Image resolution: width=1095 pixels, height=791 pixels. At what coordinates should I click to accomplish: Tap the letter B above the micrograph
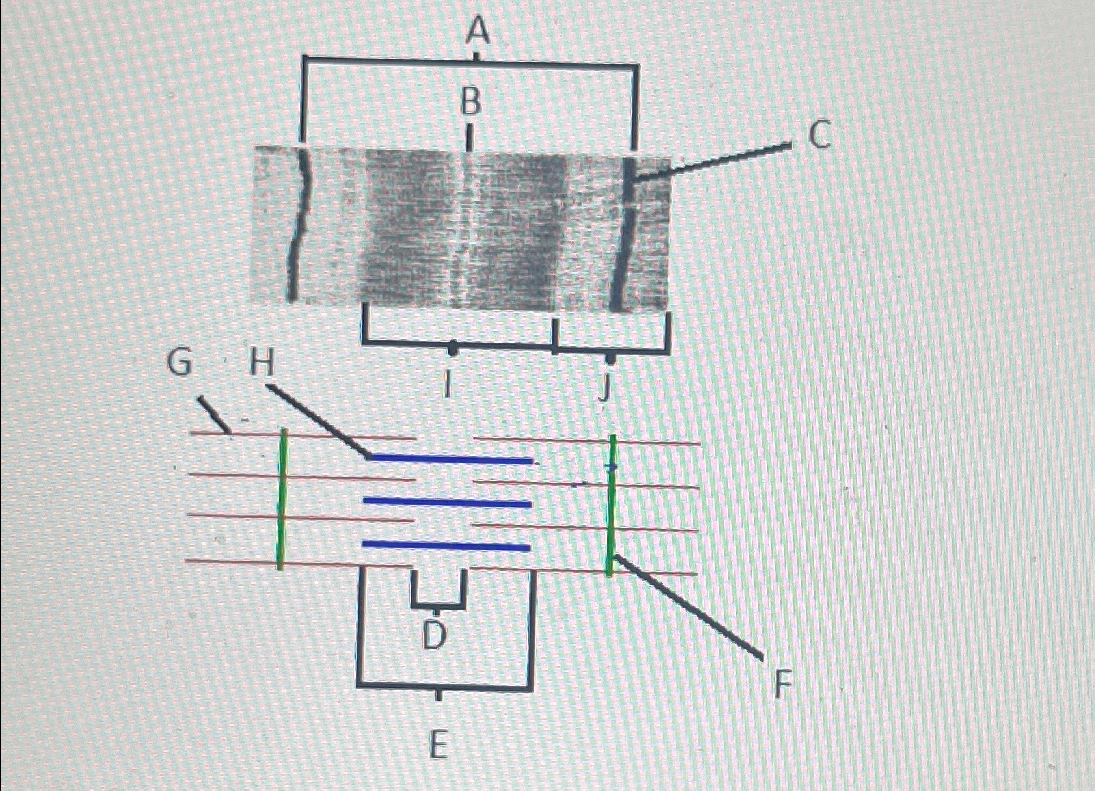coord(470,103)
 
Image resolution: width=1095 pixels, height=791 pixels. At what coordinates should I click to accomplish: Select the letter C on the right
coord(820,136)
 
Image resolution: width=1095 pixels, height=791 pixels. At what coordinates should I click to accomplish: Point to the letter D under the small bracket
coord(435,636)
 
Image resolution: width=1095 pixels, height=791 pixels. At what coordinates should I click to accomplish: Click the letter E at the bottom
coord(439,744)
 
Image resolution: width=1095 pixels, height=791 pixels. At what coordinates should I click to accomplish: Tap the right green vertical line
coord(612,504)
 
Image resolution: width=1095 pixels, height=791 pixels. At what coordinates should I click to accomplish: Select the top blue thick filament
coord(449,459)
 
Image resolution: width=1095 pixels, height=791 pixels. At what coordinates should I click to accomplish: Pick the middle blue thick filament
coord(448,502)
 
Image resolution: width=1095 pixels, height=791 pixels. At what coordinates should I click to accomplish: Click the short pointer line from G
coord(214,415)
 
